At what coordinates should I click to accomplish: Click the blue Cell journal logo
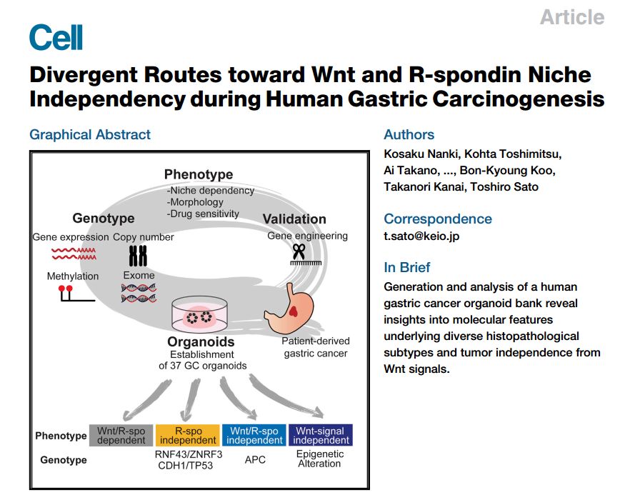pos(56,36)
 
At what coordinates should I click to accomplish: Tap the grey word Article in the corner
pos(572,17)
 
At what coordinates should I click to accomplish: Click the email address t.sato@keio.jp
pos(421,236)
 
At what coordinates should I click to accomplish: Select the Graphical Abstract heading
pos(90,134)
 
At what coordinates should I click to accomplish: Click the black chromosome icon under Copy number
pos(138,256)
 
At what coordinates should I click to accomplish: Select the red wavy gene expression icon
pos(74,254)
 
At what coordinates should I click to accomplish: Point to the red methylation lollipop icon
pos(76,294)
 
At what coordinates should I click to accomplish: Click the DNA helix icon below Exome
pos(139,293)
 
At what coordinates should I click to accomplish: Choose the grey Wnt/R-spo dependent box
pos(121,435)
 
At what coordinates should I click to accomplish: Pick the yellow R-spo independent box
pos(188,435)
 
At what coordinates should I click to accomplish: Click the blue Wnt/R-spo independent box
pos(254,435)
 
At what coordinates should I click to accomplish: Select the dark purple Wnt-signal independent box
pos(321,435)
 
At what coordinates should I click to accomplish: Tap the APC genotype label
pos(255,459)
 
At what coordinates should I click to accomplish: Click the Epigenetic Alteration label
pos(319,459)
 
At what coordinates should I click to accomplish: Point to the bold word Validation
pos(294,219)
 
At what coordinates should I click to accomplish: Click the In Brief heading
pos(407,267)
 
